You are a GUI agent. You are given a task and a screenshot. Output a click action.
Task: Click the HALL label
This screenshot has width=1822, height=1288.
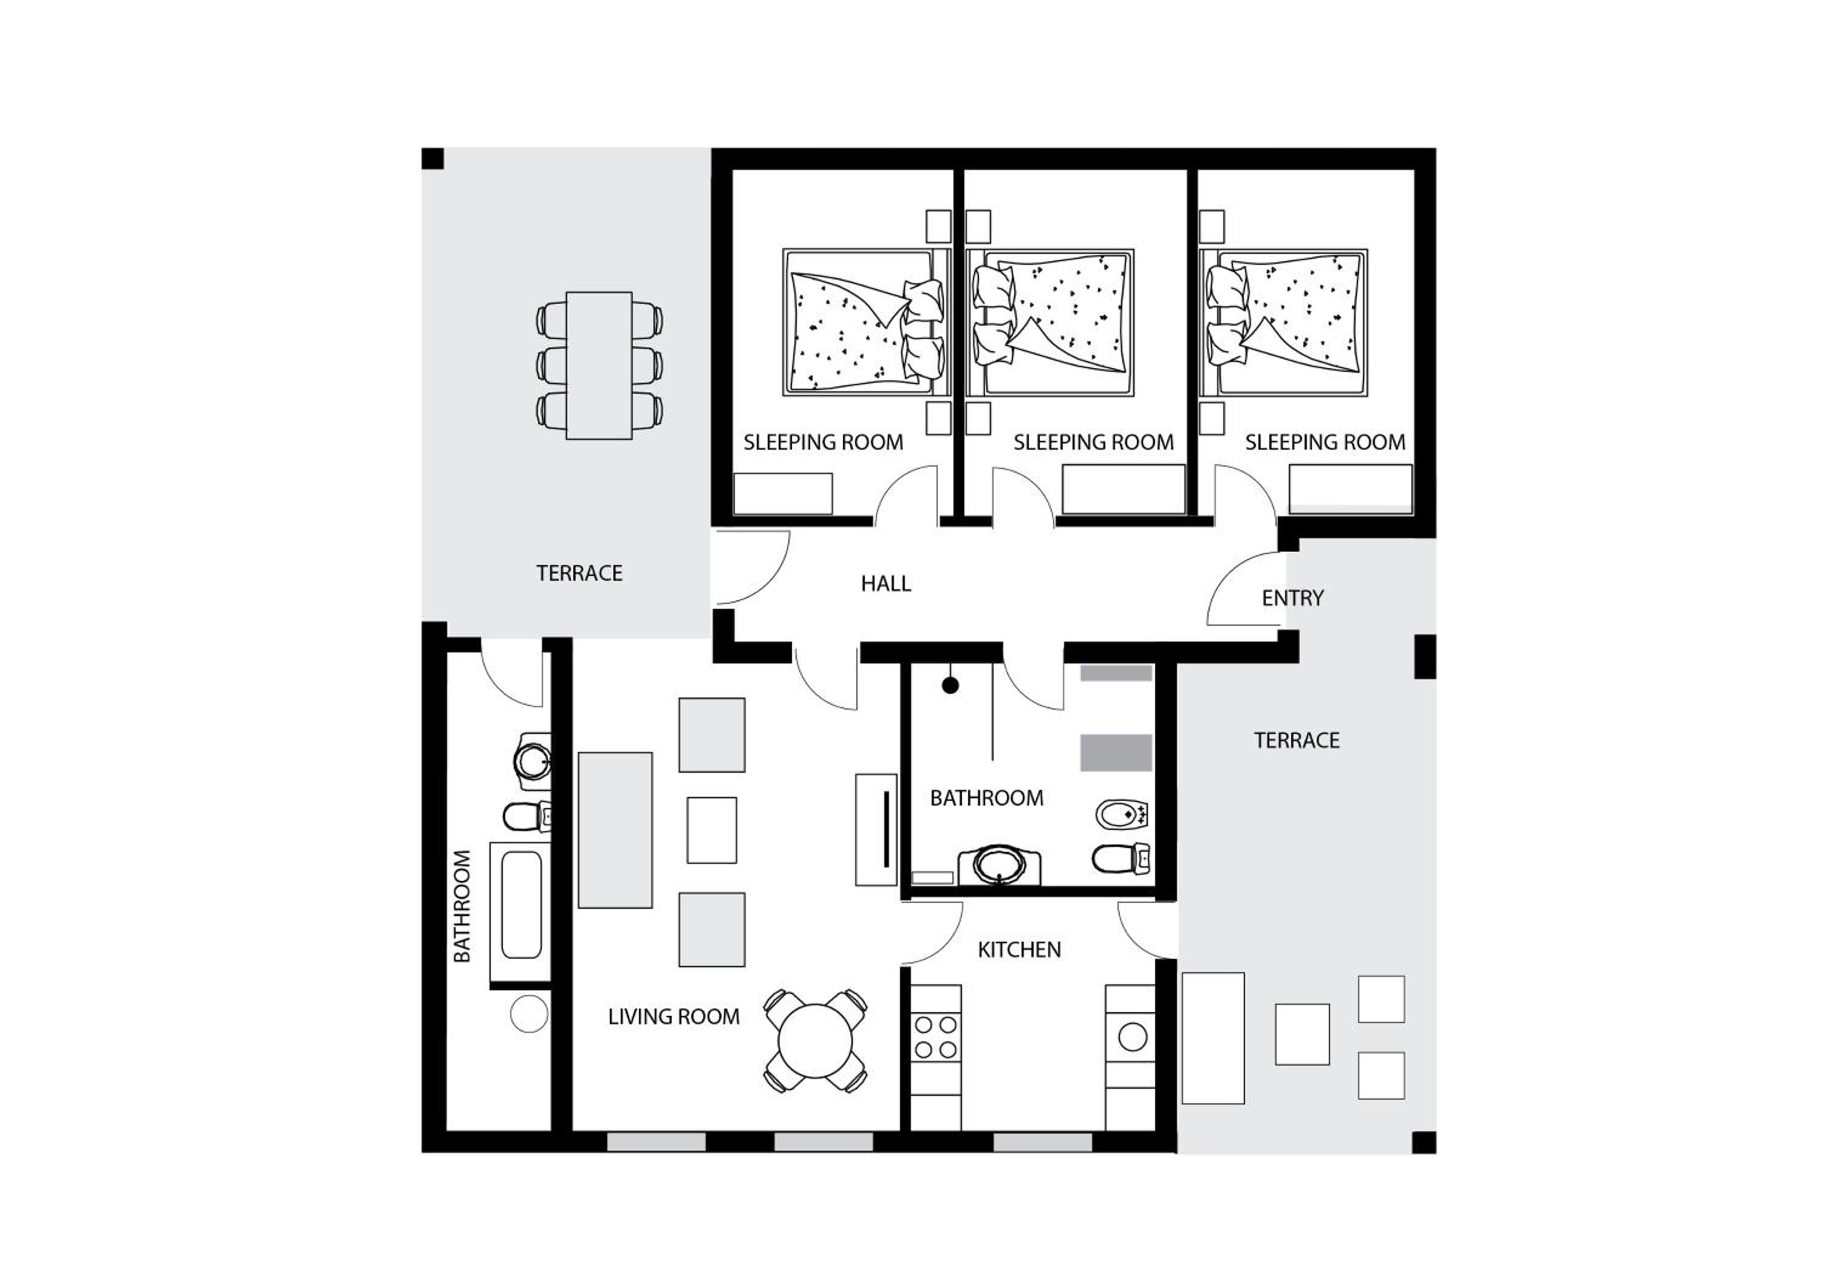tap(885, 584)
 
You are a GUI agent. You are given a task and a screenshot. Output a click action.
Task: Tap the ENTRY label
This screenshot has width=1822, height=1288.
tap(1292, 598)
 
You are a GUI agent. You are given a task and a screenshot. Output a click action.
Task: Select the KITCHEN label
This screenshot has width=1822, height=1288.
tap(1019, 950)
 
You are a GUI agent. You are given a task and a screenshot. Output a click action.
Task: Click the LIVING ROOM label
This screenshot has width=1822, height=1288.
tap(674, 1016)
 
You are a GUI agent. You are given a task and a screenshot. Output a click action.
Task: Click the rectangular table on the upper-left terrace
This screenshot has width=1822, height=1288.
tap(599, 365)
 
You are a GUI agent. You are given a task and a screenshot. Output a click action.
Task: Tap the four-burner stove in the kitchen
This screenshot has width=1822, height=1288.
tap(936, 1036)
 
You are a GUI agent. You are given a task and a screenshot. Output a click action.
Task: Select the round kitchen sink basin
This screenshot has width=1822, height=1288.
tap(1133, 1036)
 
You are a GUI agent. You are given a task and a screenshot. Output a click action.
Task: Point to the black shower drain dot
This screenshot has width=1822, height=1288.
tap(950, 685)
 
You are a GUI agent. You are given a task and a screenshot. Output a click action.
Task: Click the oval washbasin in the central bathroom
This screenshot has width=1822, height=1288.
tap(999, 864)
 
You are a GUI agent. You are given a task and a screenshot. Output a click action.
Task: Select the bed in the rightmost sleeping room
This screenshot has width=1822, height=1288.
tap(1284, 322)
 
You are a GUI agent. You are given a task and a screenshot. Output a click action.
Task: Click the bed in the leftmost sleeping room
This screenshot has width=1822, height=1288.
tap(867, 322)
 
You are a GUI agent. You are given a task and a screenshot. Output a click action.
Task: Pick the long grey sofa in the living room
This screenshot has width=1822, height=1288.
tap(615, 829)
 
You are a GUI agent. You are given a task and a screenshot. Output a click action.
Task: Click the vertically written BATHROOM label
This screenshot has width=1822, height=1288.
tap(462, 906)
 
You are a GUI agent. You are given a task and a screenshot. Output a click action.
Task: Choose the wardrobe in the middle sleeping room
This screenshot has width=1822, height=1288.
tap(1124, 489)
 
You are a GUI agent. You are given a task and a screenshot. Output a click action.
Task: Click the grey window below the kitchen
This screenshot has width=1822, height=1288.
tap(1043, 1142)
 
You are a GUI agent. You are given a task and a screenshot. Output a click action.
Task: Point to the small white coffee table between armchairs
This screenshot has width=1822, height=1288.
tap(712, 830)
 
